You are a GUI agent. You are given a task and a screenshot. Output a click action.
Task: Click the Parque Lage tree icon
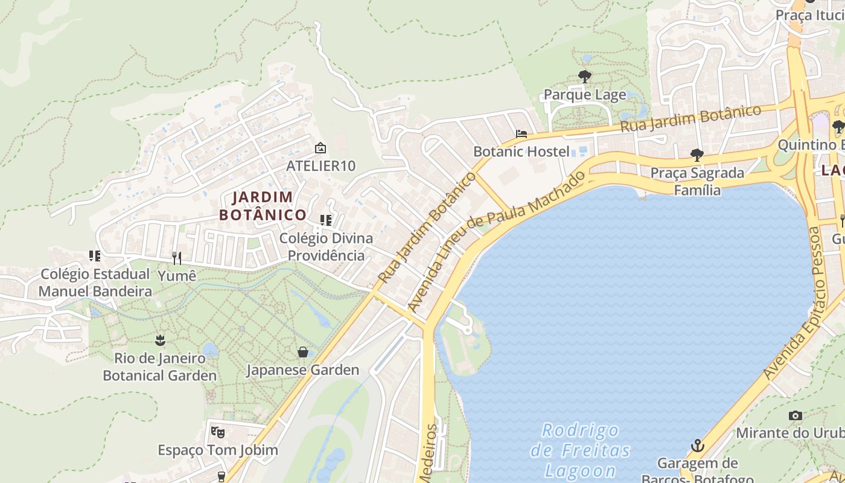tap(584, 77)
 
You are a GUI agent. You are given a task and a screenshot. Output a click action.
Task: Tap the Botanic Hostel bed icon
tap(521, 133)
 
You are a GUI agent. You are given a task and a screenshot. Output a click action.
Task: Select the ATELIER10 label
tap(320, 165)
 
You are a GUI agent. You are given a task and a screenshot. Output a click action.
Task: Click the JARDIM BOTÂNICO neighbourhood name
tap(263, 206)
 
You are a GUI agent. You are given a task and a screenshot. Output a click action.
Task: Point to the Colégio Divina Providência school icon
tap(326, 220)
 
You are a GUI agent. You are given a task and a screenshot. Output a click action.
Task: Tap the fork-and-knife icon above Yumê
tap(177, 258)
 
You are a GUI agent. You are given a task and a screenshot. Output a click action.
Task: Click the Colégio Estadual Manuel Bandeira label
tap(95, 283)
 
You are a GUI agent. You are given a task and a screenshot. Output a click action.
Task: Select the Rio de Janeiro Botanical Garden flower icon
tap(160, 340)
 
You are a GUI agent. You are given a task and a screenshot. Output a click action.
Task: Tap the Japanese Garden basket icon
tap(303, 351)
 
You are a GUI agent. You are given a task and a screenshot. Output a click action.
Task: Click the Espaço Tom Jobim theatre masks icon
tap(217, 432)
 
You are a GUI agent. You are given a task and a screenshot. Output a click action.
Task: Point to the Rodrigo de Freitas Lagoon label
tap(581, 450)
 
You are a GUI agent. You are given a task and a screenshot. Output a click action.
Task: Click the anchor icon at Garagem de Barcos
tap(698, 446)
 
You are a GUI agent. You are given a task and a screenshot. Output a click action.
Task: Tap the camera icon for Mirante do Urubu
tap(796, 415)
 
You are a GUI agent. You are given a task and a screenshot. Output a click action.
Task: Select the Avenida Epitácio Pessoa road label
tap(795, 303)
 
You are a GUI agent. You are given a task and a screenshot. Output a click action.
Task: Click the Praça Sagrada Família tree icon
tap(697, 155)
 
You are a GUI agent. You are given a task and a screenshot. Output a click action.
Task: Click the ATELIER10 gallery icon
tap(320, 148)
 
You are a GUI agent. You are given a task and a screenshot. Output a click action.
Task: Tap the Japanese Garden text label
tap(303, 369)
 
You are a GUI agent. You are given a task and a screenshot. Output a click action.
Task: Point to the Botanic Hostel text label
tap(521, 151)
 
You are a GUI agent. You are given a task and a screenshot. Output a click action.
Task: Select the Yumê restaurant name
tap(177, 276)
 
